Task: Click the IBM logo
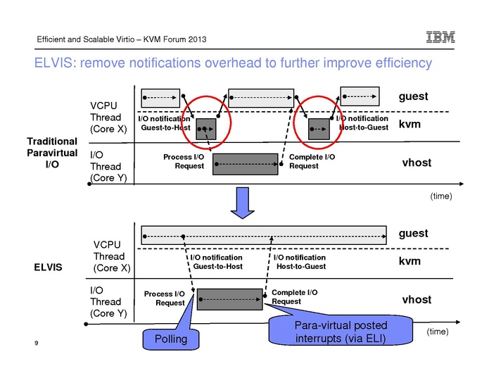(440, 38)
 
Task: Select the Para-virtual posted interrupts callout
(339, 331)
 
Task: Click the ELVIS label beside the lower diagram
(48, 267)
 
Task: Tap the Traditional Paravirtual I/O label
(51, 153)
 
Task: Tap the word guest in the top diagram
(414, 96)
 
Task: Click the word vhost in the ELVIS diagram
(416, 300)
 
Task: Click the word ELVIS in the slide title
(55, 64)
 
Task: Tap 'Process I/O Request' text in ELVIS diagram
(165, 298)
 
